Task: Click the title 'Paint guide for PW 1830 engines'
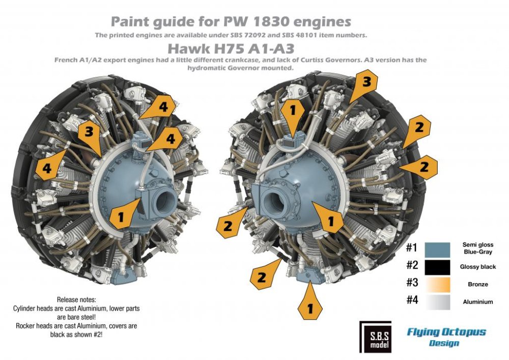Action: pyautogui.click(x=231, y=22)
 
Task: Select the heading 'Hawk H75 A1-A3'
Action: pyautogui.click(x=233, y=48)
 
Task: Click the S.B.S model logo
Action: pyautogui.click(x=375, y=336)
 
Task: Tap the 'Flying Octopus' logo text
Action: pyautogui.click(x=446, y=333)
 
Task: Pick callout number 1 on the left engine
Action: pyautogui.click(x=121, y=217)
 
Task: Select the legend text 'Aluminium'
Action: pyautogui.click(x=477, y=302)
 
